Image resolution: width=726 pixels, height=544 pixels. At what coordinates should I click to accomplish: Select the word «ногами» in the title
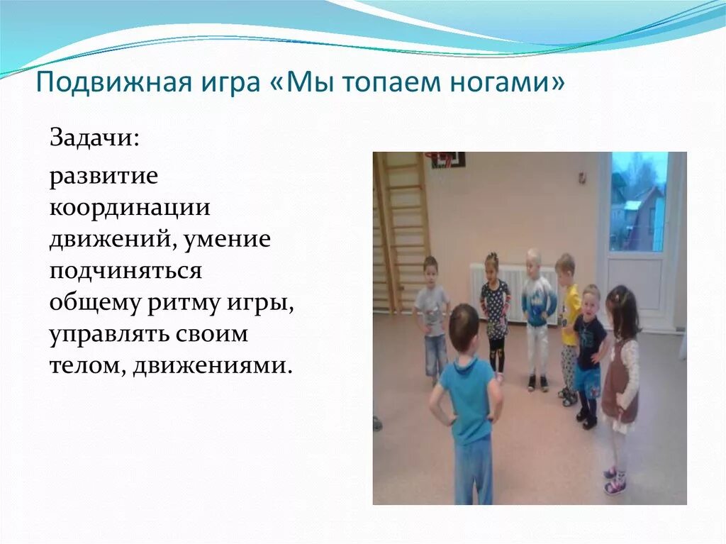pyautogui.click(x=508, y=84)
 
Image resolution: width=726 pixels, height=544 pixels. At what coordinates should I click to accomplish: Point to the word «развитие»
pyautogui.click(x=104, y=177)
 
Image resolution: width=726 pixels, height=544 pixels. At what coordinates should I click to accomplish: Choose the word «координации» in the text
pyautogui.click(x=130, y=208)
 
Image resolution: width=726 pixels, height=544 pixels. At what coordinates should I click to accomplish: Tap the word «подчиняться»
pyautogui.click(x=125, y=272)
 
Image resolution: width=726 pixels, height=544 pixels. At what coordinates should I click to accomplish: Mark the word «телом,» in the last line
pyautogui.click(x=85, y=366)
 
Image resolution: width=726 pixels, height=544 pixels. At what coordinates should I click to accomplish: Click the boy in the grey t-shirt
pyautogui.click(x=432, y=312)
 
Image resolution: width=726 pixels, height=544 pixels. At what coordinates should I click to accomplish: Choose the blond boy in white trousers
pyautogui.click(x=537, y=312)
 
